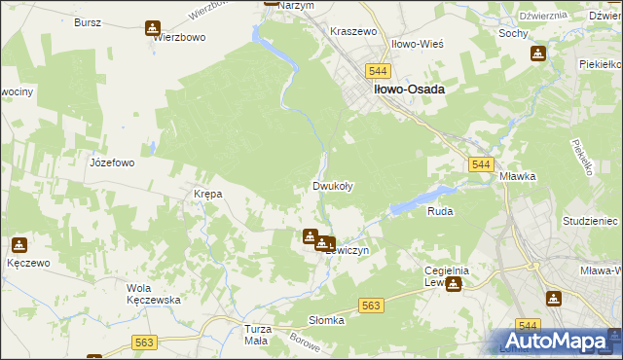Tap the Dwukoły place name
point(332,186)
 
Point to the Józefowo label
point(112,162)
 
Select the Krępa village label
point(208,194)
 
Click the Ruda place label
point(440,210)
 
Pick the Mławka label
point(518,177)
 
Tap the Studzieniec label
point(590,222)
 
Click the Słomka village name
point(327,320)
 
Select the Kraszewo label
point(353,31)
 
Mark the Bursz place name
point(88,20)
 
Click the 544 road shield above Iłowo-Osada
point(379,72)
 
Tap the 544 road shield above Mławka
point(479,166)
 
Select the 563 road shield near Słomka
point(371,306)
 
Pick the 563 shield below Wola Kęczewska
point(145,342)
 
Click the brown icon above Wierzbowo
point(153,28)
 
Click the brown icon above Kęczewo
point(19,244)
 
